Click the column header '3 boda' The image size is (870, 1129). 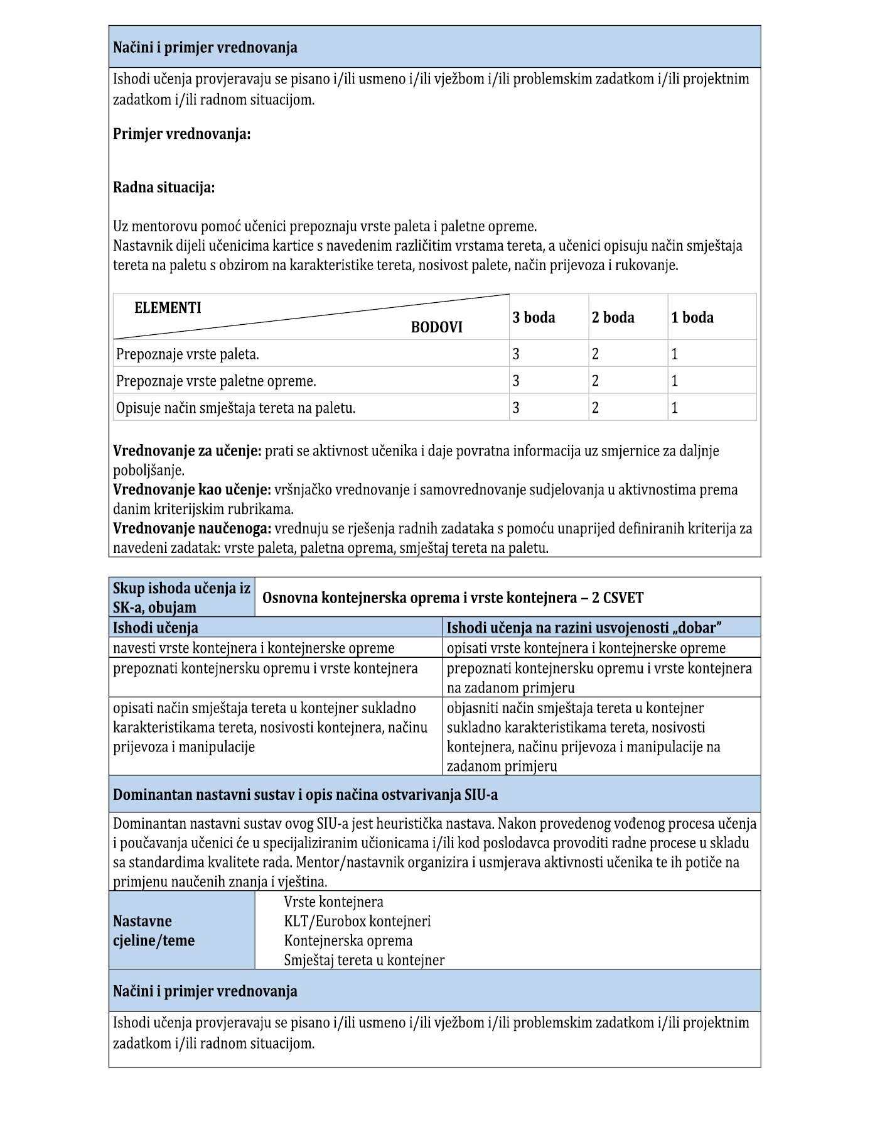coord(534,317)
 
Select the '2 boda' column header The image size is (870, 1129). coord(613,317)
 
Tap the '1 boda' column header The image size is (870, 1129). coord(692,317)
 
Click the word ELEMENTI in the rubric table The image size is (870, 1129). coord(168,308)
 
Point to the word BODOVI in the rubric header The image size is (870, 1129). coord(436,327)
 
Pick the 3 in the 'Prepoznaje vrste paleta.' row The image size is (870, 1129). coord(516,354)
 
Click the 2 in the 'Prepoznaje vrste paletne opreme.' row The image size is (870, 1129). coord(595,381)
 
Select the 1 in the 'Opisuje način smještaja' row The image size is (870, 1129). coord(674,408)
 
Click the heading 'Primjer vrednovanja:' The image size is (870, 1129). coord(181,134)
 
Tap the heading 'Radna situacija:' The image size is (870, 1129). coord(163,187)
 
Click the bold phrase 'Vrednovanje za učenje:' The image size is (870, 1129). coord(187,450)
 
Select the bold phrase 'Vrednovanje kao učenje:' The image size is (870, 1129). coord(191,489)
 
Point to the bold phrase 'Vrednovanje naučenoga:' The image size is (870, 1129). coord(192,528)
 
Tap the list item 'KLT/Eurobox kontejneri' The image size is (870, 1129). coord(357,921)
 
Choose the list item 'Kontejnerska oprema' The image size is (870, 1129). coord(348,941)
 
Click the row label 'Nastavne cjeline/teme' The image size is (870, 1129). coord(154,930)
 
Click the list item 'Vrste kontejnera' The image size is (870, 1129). coord(333,902)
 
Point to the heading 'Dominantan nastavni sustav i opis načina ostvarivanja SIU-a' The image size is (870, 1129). coord(305,795)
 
